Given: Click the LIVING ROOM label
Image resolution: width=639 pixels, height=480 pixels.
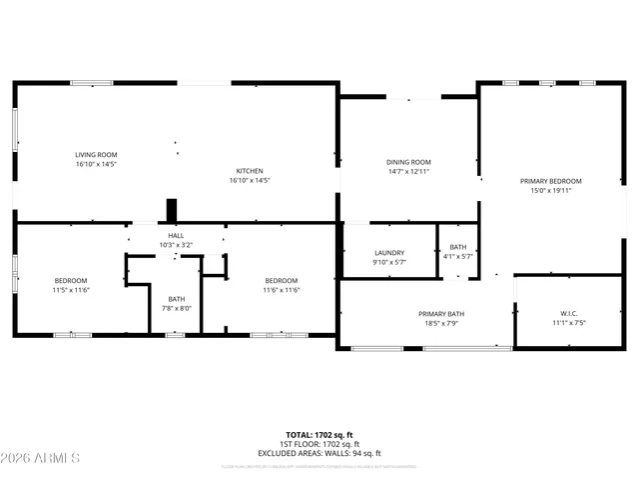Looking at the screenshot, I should point(97,154).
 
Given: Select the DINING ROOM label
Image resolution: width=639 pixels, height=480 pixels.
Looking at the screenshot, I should point(408,162).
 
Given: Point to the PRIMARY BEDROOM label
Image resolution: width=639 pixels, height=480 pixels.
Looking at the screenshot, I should point(550,181).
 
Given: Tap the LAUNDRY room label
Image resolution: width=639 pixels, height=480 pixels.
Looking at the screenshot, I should point(388,253).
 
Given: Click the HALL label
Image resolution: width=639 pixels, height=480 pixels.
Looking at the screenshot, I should point(175,235).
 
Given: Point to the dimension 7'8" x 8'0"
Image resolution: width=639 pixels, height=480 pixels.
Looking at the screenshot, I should point(176,309).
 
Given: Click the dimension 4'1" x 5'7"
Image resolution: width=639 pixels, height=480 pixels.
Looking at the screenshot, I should point(457,257).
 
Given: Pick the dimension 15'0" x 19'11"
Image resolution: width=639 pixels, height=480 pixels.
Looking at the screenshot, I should point(550,191).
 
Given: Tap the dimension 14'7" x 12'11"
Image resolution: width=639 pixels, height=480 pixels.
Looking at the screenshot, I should point(408,172).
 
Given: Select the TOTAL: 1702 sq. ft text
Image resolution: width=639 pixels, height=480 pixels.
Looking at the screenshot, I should point(320,434).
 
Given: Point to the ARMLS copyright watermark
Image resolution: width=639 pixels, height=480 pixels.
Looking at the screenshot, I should point(41,458).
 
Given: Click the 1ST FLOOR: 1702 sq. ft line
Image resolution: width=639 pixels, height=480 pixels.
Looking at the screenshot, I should point(320,443).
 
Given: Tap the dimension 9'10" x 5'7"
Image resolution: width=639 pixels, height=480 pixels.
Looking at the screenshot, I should point(388,263).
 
